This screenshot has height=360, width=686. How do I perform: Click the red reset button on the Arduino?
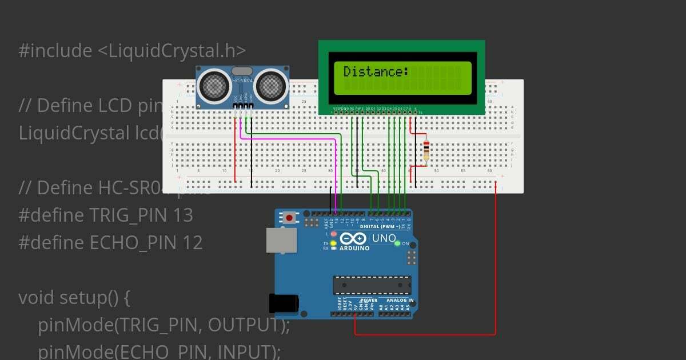[x=290, y=218]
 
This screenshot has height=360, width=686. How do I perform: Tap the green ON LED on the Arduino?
[x=397, y=243]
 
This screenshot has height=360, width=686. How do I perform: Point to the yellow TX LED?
[x=333, y=243]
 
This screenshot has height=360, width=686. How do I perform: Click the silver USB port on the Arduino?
[x=282, y=240]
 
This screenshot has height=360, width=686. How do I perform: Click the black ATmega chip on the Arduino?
[x=372, y=285]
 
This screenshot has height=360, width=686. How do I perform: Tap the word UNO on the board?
[x=384, y=238]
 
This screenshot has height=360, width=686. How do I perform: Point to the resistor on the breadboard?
[x=426, y=150]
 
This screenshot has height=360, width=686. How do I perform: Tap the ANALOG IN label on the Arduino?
[x=400, y=300]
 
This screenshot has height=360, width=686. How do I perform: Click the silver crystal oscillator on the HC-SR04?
[x=242, y=71]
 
